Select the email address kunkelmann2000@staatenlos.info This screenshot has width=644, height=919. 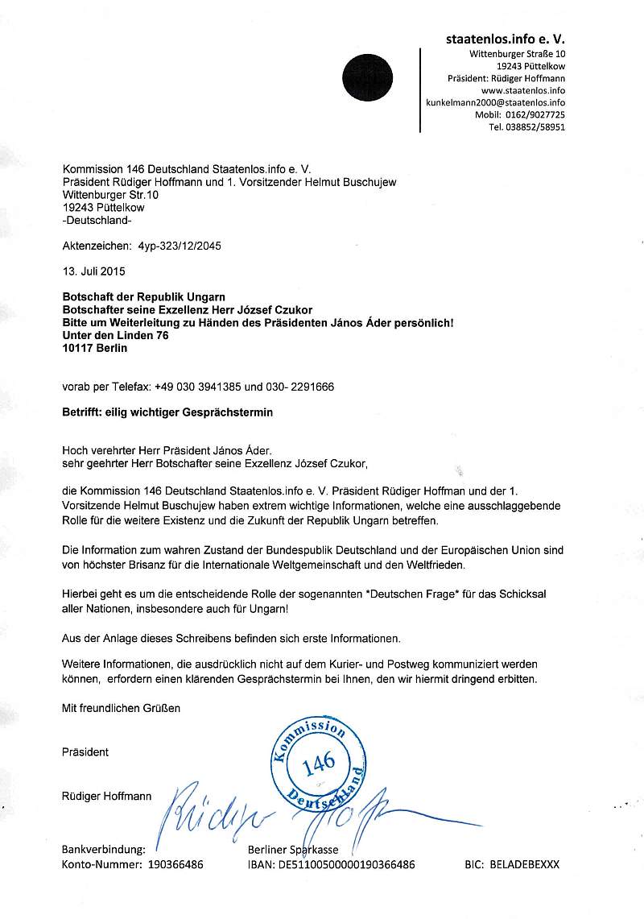(495, 103)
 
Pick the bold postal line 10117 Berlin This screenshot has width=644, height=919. (95, 348)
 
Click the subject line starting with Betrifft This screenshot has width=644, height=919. (167, 412)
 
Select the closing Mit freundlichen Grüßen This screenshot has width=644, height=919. (122, 709)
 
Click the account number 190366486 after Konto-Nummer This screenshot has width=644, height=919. (171, 864)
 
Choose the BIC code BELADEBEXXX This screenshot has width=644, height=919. (524, 864)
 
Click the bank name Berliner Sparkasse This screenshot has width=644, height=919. (294, 850)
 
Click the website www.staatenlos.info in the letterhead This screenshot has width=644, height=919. (522, 91)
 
